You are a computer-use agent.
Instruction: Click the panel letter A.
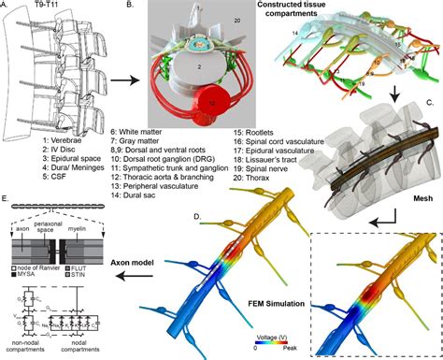[7, 7]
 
